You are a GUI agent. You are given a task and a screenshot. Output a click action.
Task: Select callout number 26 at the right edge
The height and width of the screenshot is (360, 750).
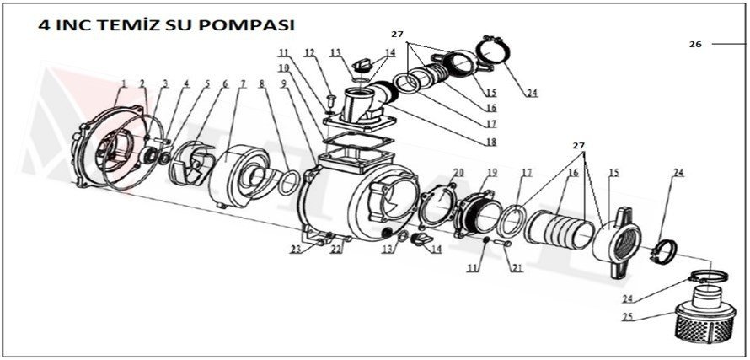695,44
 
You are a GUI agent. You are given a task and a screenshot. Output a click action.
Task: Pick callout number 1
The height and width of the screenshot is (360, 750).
123,83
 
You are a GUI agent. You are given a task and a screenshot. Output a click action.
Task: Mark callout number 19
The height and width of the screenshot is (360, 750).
492,172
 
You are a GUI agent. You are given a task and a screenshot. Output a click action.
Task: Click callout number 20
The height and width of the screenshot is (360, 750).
458,172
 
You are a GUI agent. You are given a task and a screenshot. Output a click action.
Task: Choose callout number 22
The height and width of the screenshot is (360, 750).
335,250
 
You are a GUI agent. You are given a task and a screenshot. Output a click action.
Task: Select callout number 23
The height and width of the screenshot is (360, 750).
295,250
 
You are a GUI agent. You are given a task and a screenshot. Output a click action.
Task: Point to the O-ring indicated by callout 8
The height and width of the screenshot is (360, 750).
287,180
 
